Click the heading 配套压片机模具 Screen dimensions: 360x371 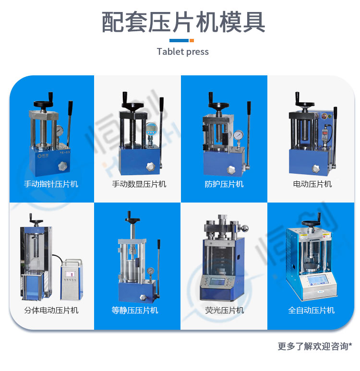(x=183, y=22)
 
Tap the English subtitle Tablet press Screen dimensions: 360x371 (x=183, y=51)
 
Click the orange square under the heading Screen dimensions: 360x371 (x=192, y=40)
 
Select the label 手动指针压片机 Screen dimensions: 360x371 (x=51, y=184)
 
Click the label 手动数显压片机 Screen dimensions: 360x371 (x=139, y=184)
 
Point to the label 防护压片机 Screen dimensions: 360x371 (x=224, y=184)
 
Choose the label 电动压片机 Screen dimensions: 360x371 (x=312, y=184)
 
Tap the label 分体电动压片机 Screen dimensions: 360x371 (x=51, y=310)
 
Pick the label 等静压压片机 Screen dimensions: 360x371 (x=135, y=310)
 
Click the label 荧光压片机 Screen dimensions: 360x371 (x=224, y=310)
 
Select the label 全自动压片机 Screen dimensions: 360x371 (x=311, y=310)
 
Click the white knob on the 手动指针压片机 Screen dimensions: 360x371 (x=63, y=166)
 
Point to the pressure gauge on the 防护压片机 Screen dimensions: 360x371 (x=238, y=135)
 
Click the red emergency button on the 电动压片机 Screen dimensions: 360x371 (x=329, y=116)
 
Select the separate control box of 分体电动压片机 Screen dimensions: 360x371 (x=72, y=280)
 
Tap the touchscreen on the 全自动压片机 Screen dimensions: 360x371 (x=318, y=280)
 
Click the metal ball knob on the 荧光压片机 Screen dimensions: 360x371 (x=245, y=228)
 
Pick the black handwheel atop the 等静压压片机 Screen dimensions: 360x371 (x=132, y=219)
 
